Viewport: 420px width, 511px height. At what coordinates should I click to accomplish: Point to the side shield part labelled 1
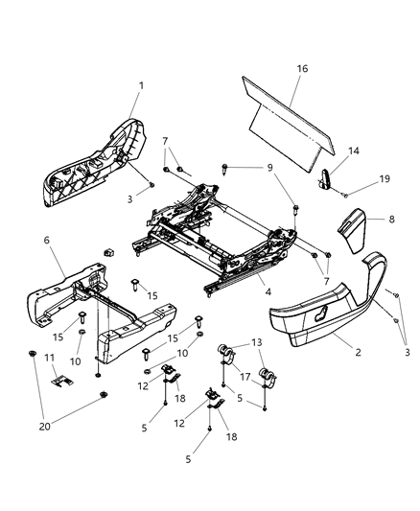pyautogui.click(x=91, y=163)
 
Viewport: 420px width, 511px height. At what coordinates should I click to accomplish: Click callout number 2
pyautogui.click(x=358, y=353)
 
